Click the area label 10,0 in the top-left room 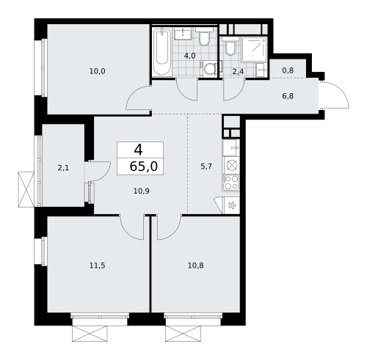pyautogui.click(x=98, y=71)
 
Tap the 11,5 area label pyautogui.click(x=98, y=265)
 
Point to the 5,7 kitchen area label pyautogui.click(x=206, y=166)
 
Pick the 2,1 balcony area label pyautogui.click(x=63, y=167)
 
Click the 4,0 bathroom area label pyautogui.click(x=189, y=56)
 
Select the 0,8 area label pyautogui.click(x=287, y=71)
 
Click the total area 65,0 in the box pyautogui.click(x=142, y=166)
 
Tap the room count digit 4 pyautogui.click(x=138, y=149)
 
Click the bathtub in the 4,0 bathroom pyautogui.click(x=162, y=51)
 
